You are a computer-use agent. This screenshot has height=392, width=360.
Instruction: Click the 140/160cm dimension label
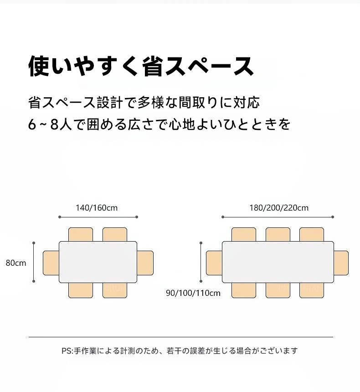97,208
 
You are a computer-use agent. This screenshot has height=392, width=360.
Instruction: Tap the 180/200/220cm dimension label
279,208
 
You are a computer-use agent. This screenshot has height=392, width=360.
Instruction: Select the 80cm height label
16,263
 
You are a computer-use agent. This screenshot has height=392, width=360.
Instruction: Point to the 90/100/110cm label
193,293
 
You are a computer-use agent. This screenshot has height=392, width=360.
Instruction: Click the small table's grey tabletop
98,262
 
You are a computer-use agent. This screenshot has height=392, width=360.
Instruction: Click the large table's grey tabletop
278,262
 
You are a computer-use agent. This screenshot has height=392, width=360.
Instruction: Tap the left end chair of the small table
51,263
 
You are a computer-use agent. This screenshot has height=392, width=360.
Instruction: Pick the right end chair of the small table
145,263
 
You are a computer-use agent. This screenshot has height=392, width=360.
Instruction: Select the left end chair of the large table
214,263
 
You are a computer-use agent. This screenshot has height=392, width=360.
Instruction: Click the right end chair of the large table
341,263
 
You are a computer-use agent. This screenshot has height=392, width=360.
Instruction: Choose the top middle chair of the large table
278,234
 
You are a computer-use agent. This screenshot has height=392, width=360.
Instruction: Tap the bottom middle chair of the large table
278,290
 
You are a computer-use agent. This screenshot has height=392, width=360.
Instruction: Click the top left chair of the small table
81,234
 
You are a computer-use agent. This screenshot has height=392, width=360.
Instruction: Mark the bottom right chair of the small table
115,290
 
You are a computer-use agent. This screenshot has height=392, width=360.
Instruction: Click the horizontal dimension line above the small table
98,217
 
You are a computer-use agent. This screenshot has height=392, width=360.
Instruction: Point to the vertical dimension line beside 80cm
34,262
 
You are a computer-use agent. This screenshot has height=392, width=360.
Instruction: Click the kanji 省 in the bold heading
154,66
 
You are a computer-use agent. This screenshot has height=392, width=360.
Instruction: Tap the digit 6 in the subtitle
32,125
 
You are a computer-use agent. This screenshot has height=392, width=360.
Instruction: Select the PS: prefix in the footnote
67,351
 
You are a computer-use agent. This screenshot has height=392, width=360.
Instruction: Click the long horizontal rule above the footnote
181,337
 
